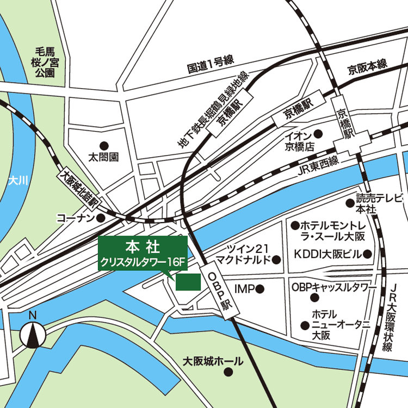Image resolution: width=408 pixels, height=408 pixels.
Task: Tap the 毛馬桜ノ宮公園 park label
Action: [x=45, y=62]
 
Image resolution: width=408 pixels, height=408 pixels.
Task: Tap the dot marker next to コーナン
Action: [x=101, y=218]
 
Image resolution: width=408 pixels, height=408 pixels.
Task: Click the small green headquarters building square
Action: [x=188, y=282]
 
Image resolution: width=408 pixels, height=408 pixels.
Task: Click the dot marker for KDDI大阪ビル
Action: [x=367, y=254]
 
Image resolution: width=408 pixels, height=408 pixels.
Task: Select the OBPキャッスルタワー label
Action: [x=333, y=287]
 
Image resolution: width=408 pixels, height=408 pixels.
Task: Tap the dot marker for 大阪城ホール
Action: [x=228, y=372]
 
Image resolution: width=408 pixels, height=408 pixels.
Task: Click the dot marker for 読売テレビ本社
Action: [x=350, y=203]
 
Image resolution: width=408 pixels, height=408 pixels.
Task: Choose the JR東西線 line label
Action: [x=318, y=168]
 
